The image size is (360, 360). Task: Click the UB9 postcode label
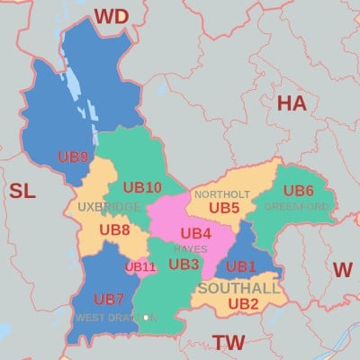pyautogui.click(x=73, y=157)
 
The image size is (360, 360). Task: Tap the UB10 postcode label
pyautogui.click(x=141, y=187)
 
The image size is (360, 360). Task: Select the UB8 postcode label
pyautogui.click(x=114, y=229)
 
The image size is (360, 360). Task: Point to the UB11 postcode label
pyautogui.click(x=140, y=266)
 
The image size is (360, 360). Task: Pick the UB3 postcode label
pyautogui.click(x=184, y=264)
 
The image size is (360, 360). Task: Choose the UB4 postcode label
pyautogui.click(x=195, y=233)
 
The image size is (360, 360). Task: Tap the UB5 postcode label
pyautogui.click(x=224, y=208)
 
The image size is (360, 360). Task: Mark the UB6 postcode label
pyautogui.click(x=298, y=190)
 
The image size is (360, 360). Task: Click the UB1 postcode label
pyautogui.click(x=241, y=266)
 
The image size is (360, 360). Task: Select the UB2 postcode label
pyautogui.click(x=243, y=303)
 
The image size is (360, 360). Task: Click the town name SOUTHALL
pyautogui.click(x=238, y=288)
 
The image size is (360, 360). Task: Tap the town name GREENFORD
pyautogui.click(x=296, y=206)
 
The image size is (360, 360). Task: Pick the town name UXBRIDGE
pyautogui.click(x=109, y=207)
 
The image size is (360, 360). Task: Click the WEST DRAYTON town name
pyautogui.click(x=115, y=318)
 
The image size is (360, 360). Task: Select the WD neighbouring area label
pyautogui.click(x=112, y=16)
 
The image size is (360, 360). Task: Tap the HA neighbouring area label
pyautogui.click(x=291, y=103)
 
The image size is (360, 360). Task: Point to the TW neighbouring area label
pyautogui.click(x=229, y=341)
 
